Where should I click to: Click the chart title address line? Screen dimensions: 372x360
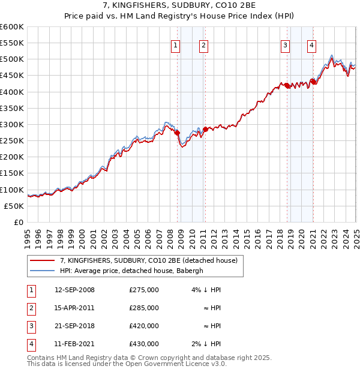pyautogui.click(x=179, y=6)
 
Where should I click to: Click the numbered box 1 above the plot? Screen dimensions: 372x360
pyautogui.click(x=176, y=44)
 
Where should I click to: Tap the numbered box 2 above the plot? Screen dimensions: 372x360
pyautogui.click(x=203, y=44)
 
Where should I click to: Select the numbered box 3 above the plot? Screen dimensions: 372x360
pyautogui.click(x=285, y=44)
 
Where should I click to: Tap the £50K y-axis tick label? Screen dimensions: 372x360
pyautogui.click(x=14, y=206)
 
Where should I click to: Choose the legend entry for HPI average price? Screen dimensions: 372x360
pyautogui.click(x=132, y=271)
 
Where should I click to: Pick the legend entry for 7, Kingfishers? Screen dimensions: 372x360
pyautogui.click(x=149, y=260)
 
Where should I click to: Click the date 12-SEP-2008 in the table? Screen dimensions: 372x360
pyautogui.click(x=74, y=290)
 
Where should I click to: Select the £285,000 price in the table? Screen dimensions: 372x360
pyautogui.click(x=144, y=308)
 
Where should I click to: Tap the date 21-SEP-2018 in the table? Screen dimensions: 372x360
pyautogui.click(x=74, y=326)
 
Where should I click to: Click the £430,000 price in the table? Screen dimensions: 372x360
pyautogui.click(x=144, y=344)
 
